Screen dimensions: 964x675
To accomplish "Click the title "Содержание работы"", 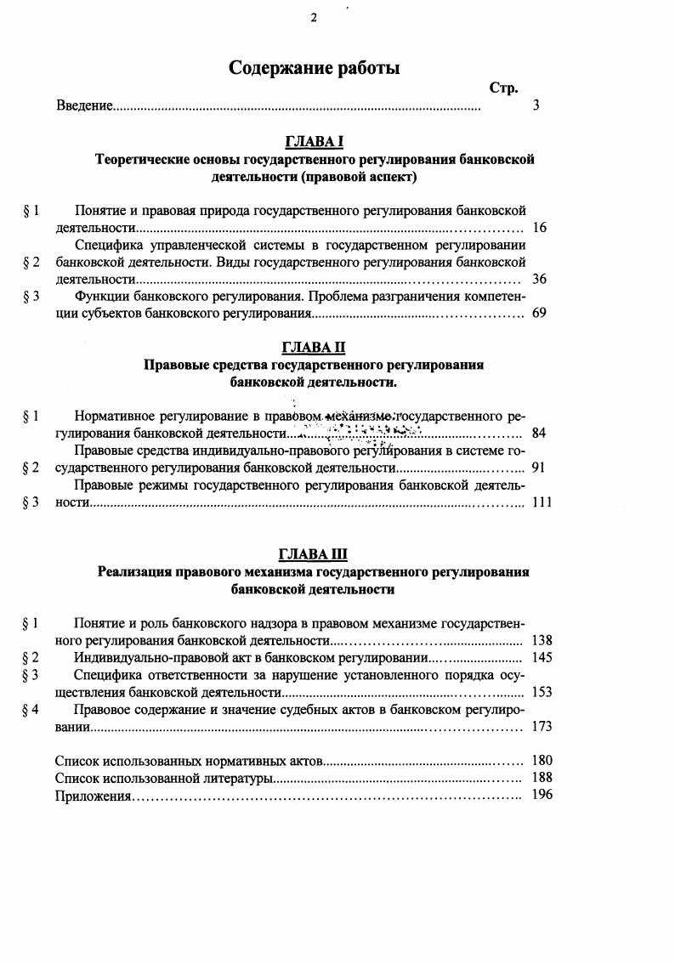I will click(x=314, y=69).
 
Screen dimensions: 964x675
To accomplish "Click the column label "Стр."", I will click(x=503, y=88).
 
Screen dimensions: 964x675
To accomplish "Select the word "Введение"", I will click(x=84, y=105).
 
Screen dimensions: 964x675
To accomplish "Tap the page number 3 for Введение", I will click(x=535, y=105).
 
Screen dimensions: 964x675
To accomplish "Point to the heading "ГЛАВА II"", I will click(x=314, y=348).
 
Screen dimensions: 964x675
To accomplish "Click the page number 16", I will click(x=539, y=228).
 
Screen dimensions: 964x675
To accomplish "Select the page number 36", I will click(x=539, y=279).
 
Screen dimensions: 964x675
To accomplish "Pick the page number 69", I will click(x=539, y=313).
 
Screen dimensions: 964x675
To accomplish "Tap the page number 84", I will click(x=539, y=434).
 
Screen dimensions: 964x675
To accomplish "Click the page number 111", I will click(x=541, y=502).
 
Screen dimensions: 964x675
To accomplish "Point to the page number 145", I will click(x=541, y=657).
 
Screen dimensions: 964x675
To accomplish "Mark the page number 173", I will click(x=541, y=726).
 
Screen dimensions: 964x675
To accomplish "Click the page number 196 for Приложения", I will click(x=541, y=795).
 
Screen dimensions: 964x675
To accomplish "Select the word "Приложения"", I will click(x=93, y=796).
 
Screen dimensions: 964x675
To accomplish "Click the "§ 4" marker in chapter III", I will click(x=31, y=710).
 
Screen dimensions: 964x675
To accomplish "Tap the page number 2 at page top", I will click(x=314, y=18).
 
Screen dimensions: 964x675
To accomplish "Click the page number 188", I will click(x=541, y=778).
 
